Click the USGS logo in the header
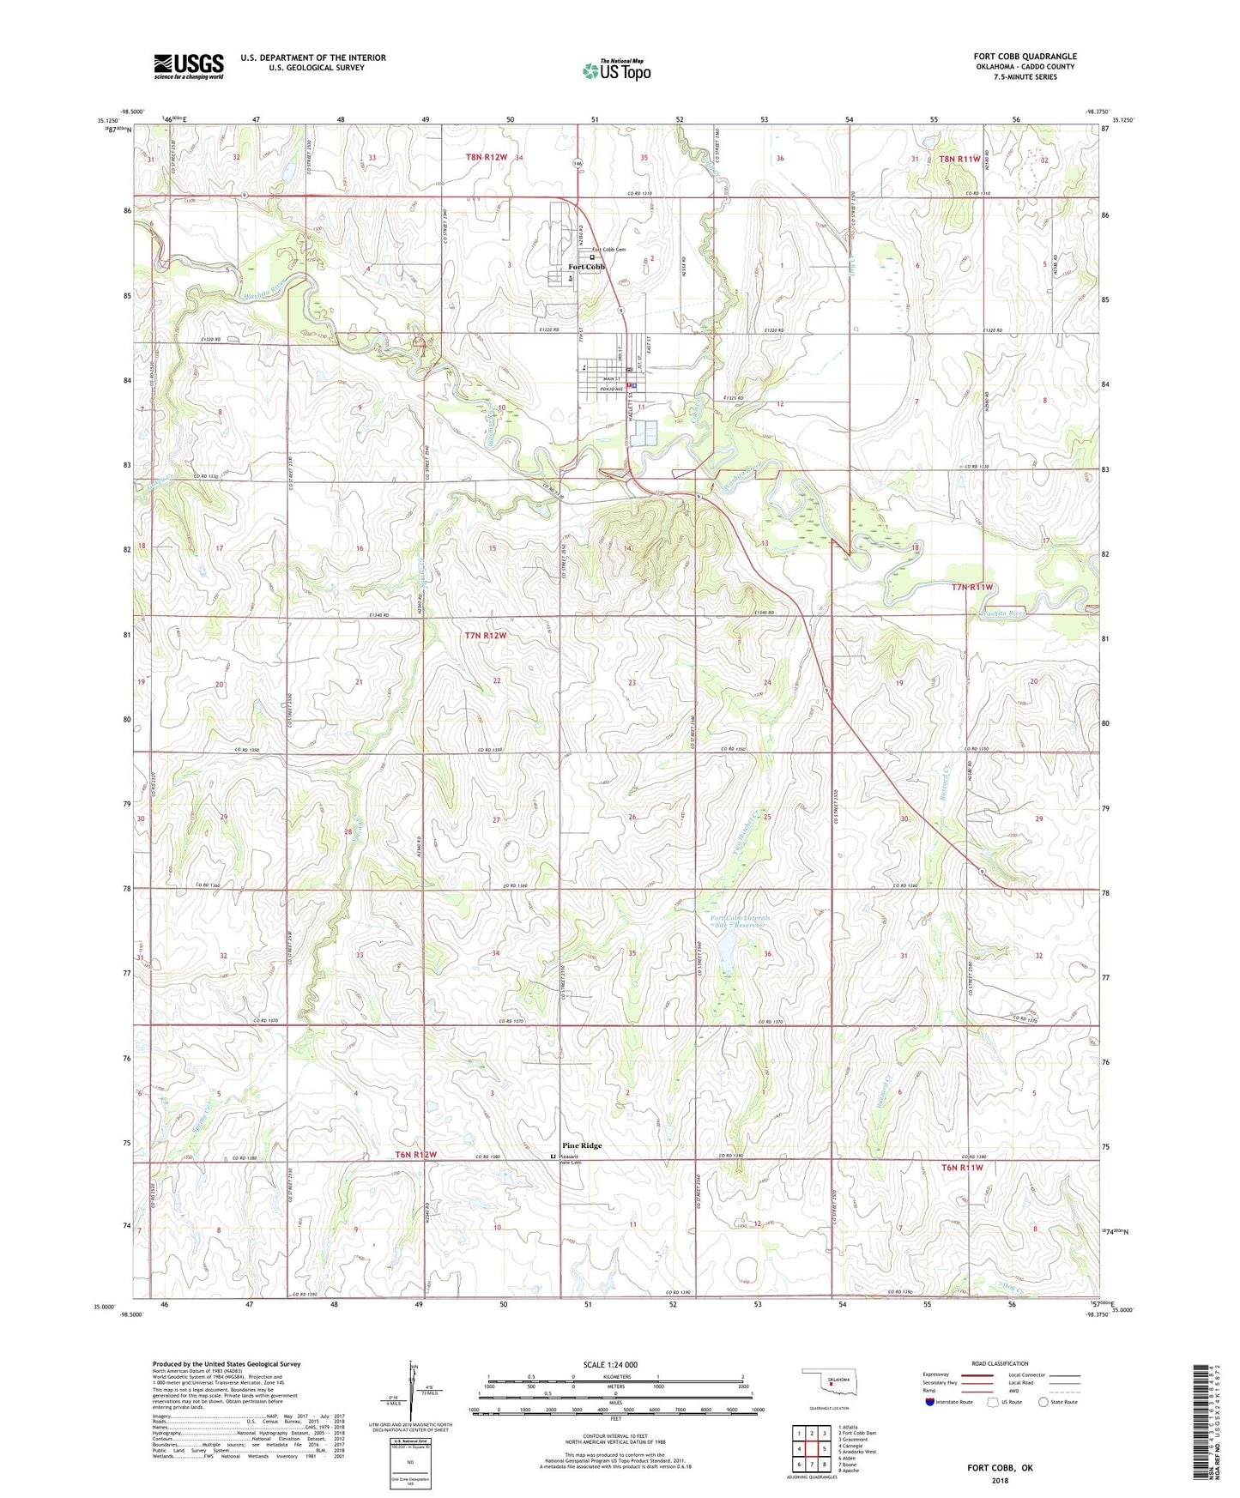188,66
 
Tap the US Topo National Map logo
616,69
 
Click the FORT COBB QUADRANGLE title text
1025,57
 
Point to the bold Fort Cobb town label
586,267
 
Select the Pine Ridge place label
582,1145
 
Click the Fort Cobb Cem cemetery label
608,250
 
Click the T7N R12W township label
486,636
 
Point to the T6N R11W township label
961,1168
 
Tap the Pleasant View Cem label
571,1159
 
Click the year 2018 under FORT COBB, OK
1000,1481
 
